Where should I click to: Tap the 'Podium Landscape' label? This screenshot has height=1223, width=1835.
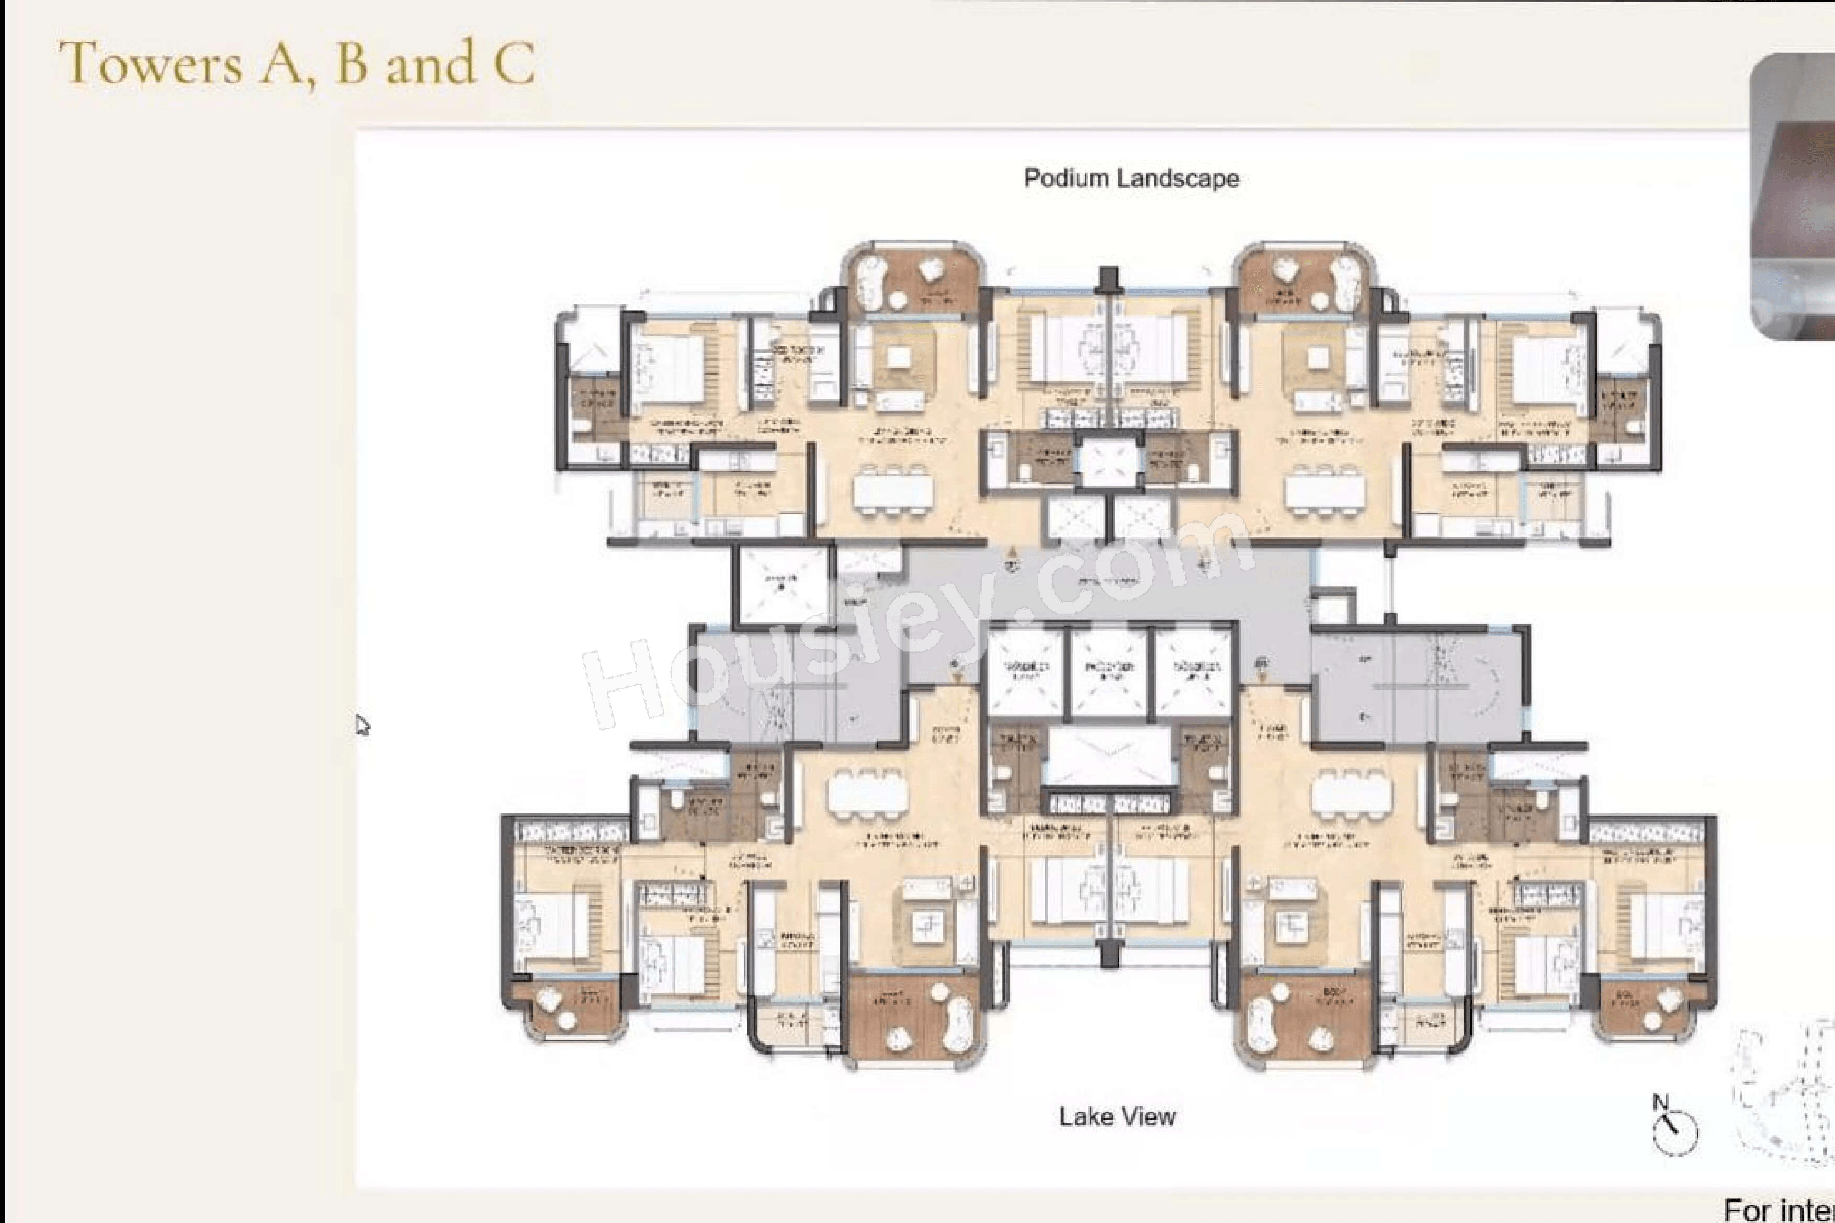(x=1131, y=178)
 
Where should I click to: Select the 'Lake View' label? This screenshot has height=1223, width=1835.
(x=1117, y=1117)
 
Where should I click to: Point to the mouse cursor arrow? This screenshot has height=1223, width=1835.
(x=362, y=724)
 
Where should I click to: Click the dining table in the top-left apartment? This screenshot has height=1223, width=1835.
(x=893, y=491)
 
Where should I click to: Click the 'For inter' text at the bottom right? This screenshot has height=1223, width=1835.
(x=1778, y=1209)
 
